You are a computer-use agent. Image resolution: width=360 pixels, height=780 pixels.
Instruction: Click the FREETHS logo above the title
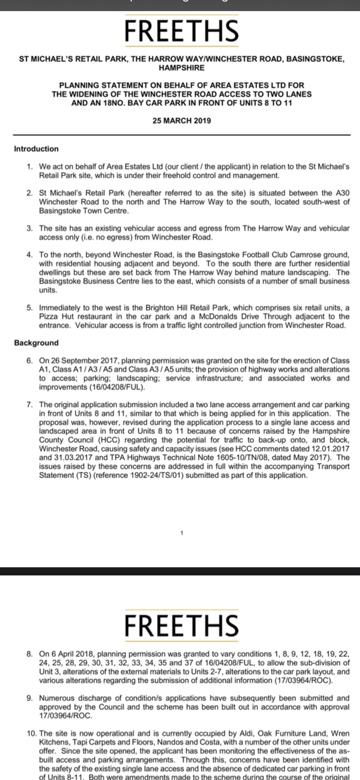click(x=182, y=31)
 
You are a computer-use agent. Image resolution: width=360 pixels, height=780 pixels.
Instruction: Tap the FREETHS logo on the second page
click(x=182, y=625)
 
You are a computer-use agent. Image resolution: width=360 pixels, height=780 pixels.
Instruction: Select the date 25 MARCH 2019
click(x=182, y=121)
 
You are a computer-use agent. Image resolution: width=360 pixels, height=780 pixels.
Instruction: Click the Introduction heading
click(x=36, y=149)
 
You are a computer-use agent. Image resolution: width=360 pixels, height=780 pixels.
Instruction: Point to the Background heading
click(x=36, y=343)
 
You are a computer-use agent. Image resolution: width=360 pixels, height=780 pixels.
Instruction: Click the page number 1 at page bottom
click(x=182, y=532)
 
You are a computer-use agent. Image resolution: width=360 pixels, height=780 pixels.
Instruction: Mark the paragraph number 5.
click(x=29, y=308)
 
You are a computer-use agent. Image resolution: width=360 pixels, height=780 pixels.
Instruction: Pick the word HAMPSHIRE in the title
click(x=182, y=67)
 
